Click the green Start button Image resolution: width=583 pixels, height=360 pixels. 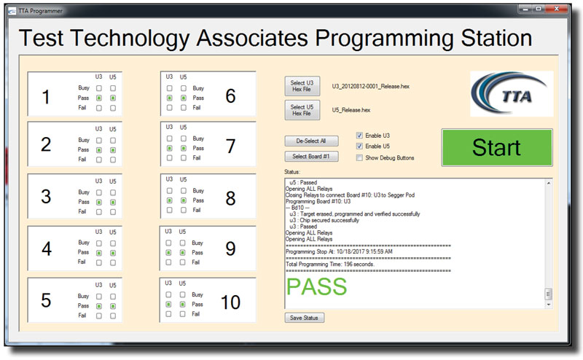(x=497, y=147)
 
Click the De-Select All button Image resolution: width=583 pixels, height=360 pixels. (x=311, y=141)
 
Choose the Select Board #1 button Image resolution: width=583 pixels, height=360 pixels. (x=311, y=156)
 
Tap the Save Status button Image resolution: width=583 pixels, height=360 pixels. (x=304, y=318)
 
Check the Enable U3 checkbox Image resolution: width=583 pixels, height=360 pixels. (x=359, y=136)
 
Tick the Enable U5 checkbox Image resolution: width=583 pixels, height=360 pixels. (x=359, y=146)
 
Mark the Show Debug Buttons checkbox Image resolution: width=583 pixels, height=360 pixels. (x=359, y=157)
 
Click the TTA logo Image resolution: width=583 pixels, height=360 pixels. (x=512, y=94)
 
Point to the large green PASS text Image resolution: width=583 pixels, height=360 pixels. (x=316, y=286)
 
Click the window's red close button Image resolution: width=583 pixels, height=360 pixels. (x=556, y=9)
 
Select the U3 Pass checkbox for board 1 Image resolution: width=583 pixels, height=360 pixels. (x=99, y=98)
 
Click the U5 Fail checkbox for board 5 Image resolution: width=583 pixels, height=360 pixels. (x=113, y=316)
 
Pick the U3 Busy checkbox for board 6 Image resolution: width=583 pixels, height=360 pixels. (x=170, y=88)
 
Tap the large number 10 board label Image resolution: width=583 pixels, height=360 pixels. (x=230, y=302)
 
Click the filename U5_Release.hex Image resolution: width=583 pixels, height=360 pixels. (x=351, y=110)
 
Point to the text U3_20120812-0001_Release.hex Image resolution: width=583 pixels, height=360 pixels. (x=371, y=86)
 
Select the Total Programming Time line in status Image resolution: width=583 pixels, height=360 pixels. (x=330, y=264)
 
